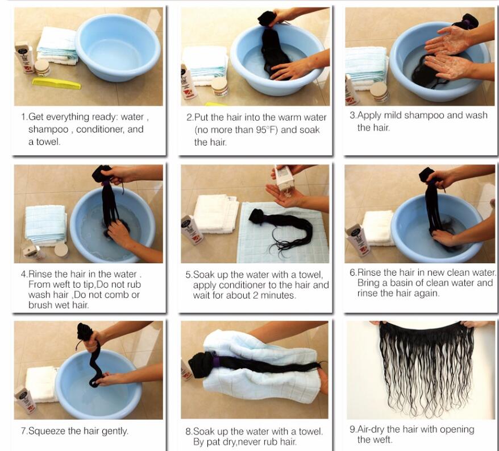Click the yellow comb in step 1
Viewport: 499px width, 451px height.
[56, 84]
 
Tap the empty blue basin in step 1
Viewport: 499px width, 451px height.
[118, 47]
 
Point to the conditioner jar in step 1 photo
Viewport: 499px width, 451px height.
[42, 68]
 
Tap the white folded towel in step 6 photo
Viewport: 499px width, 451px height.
[379, 227]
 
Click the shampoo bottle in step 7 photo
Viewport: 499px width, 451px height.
[25, 399]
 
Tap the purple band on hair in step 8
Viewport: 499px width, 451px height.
[217, 362]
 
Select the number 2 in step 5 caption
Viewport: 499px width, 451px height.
[255, 295]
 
